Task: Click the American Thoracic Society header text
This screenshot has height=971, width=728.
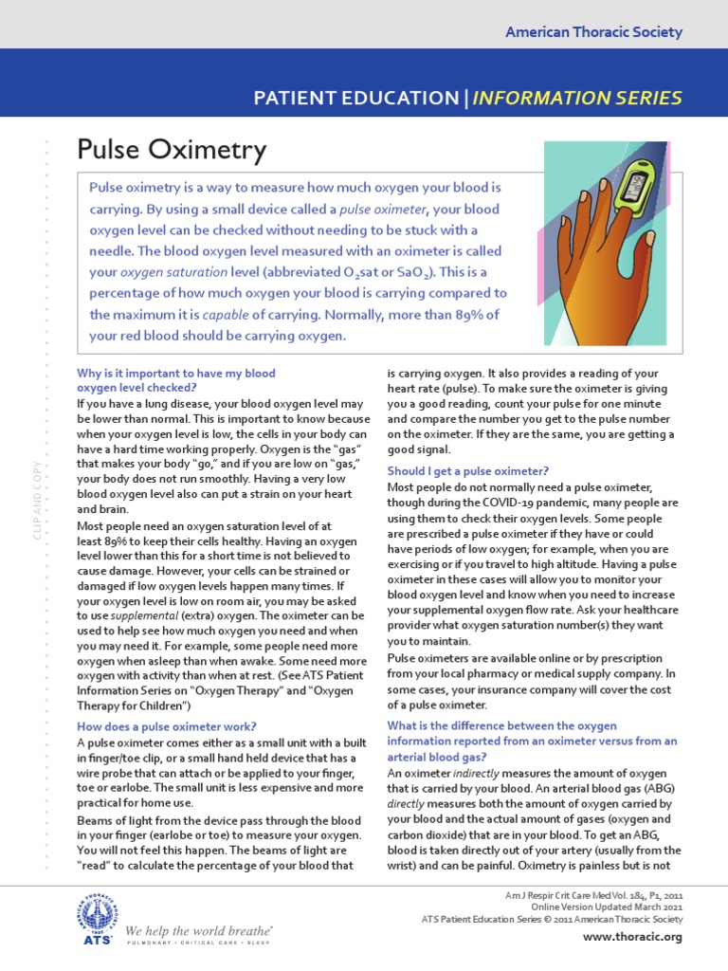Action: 593,32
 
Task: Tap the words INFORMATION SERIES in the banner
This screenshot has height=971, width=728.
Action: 577,98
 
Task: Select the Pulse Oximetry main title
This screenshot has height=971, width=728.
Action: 171,150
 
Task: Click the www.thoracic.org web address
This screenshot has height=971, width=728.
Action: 633,937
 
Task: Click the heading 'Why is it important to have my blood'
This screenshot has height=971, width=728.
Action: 175,374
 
